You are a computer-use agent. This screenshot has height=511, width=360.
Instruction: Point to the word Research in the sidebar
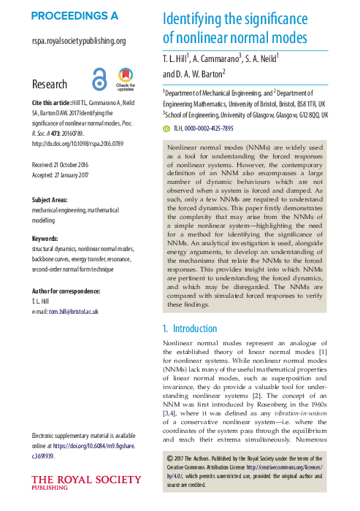click(50, 85)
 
